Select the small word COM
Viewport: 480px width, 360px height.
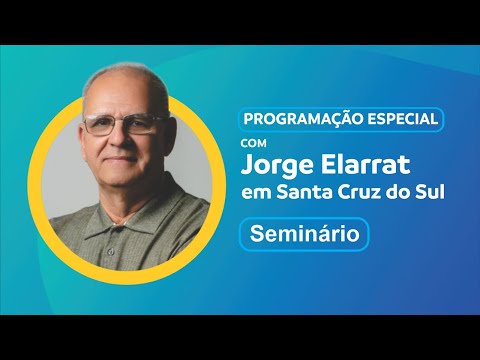coord(254,143)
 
